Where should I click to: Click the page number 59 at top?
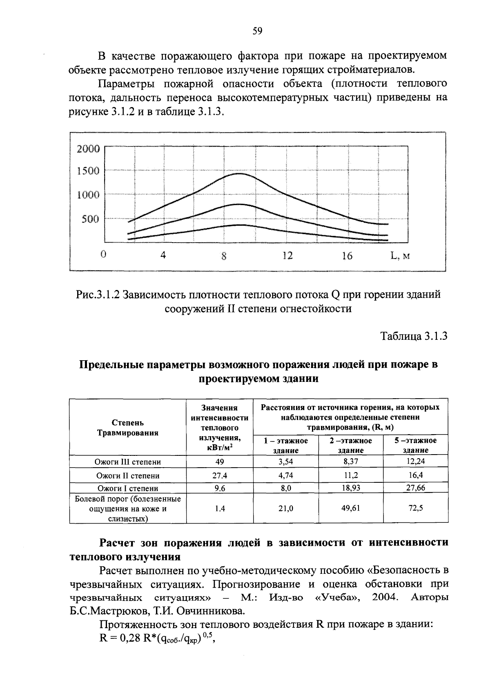257,31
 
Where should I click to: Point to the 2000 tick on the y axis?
88,149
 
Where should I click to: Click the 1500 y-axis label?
88,171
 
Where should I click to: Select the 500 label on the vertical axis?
91,219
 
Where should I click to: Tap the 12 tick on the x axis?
287,256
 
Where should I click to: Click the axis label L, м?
400,256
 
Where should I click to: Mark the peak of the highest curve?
238,174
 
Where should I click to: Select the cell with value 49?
220,462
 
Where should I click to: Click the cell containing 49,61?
351,508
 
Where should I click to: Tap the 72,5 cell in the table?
415,508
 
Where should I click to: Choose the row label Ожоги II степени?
128,476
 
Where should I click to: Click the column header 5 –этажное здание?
415,445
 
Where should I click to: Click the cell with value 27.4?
220,476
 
